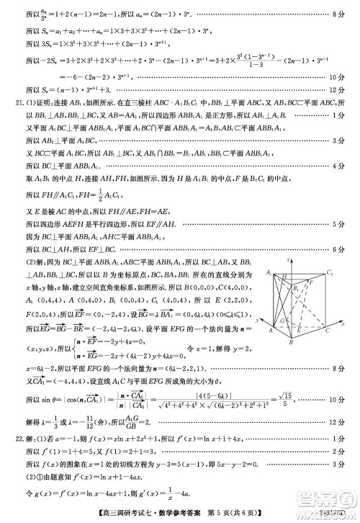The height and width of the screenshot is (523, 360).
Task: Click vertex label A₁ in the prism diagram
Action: (268, 273)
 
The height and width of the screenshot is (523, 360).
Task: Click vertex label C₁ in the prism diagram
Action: (330, 273)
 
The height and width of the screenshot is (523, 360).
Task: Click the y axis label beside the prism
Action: (257, 317)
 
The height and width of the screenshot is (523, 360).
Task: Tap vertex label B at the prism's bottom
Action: (291, 343)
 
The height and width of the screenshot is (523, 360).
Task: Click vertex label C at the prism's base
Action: (328, 332)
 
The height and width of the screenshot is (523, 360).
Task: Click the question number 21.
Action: (9, 102)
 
